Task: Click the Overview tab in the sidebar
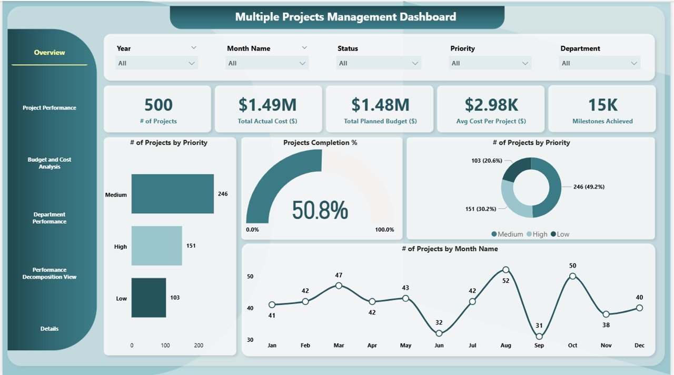[49, 53]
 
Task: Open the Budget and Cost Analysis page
[49, 163]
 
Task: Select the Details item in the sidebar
[49, 329]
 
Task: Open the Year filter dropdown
[157, 63]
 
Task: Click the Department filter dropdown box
[600, 63]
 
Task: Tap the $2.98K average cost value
[491, 105]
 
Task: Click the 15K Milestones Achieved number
[602, 105]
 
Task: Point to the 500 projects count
[158, 105]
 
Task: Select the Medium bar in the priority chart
[173, 194]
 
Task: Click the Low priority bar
[148, 298]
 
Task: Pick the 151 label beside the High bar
[191, 246]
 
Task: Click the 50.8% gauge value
[320, 210]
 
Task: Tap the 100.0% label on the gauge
[384, 230]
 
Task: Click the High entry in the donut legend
[537, 234]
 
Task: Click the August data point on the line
[506, 270]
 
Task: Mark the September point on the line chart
[539, 336]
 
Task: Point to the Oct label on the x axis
[572, 346]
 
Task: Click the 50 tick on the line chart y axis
[250, 277]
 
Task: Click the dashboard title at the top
[345, 17]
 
